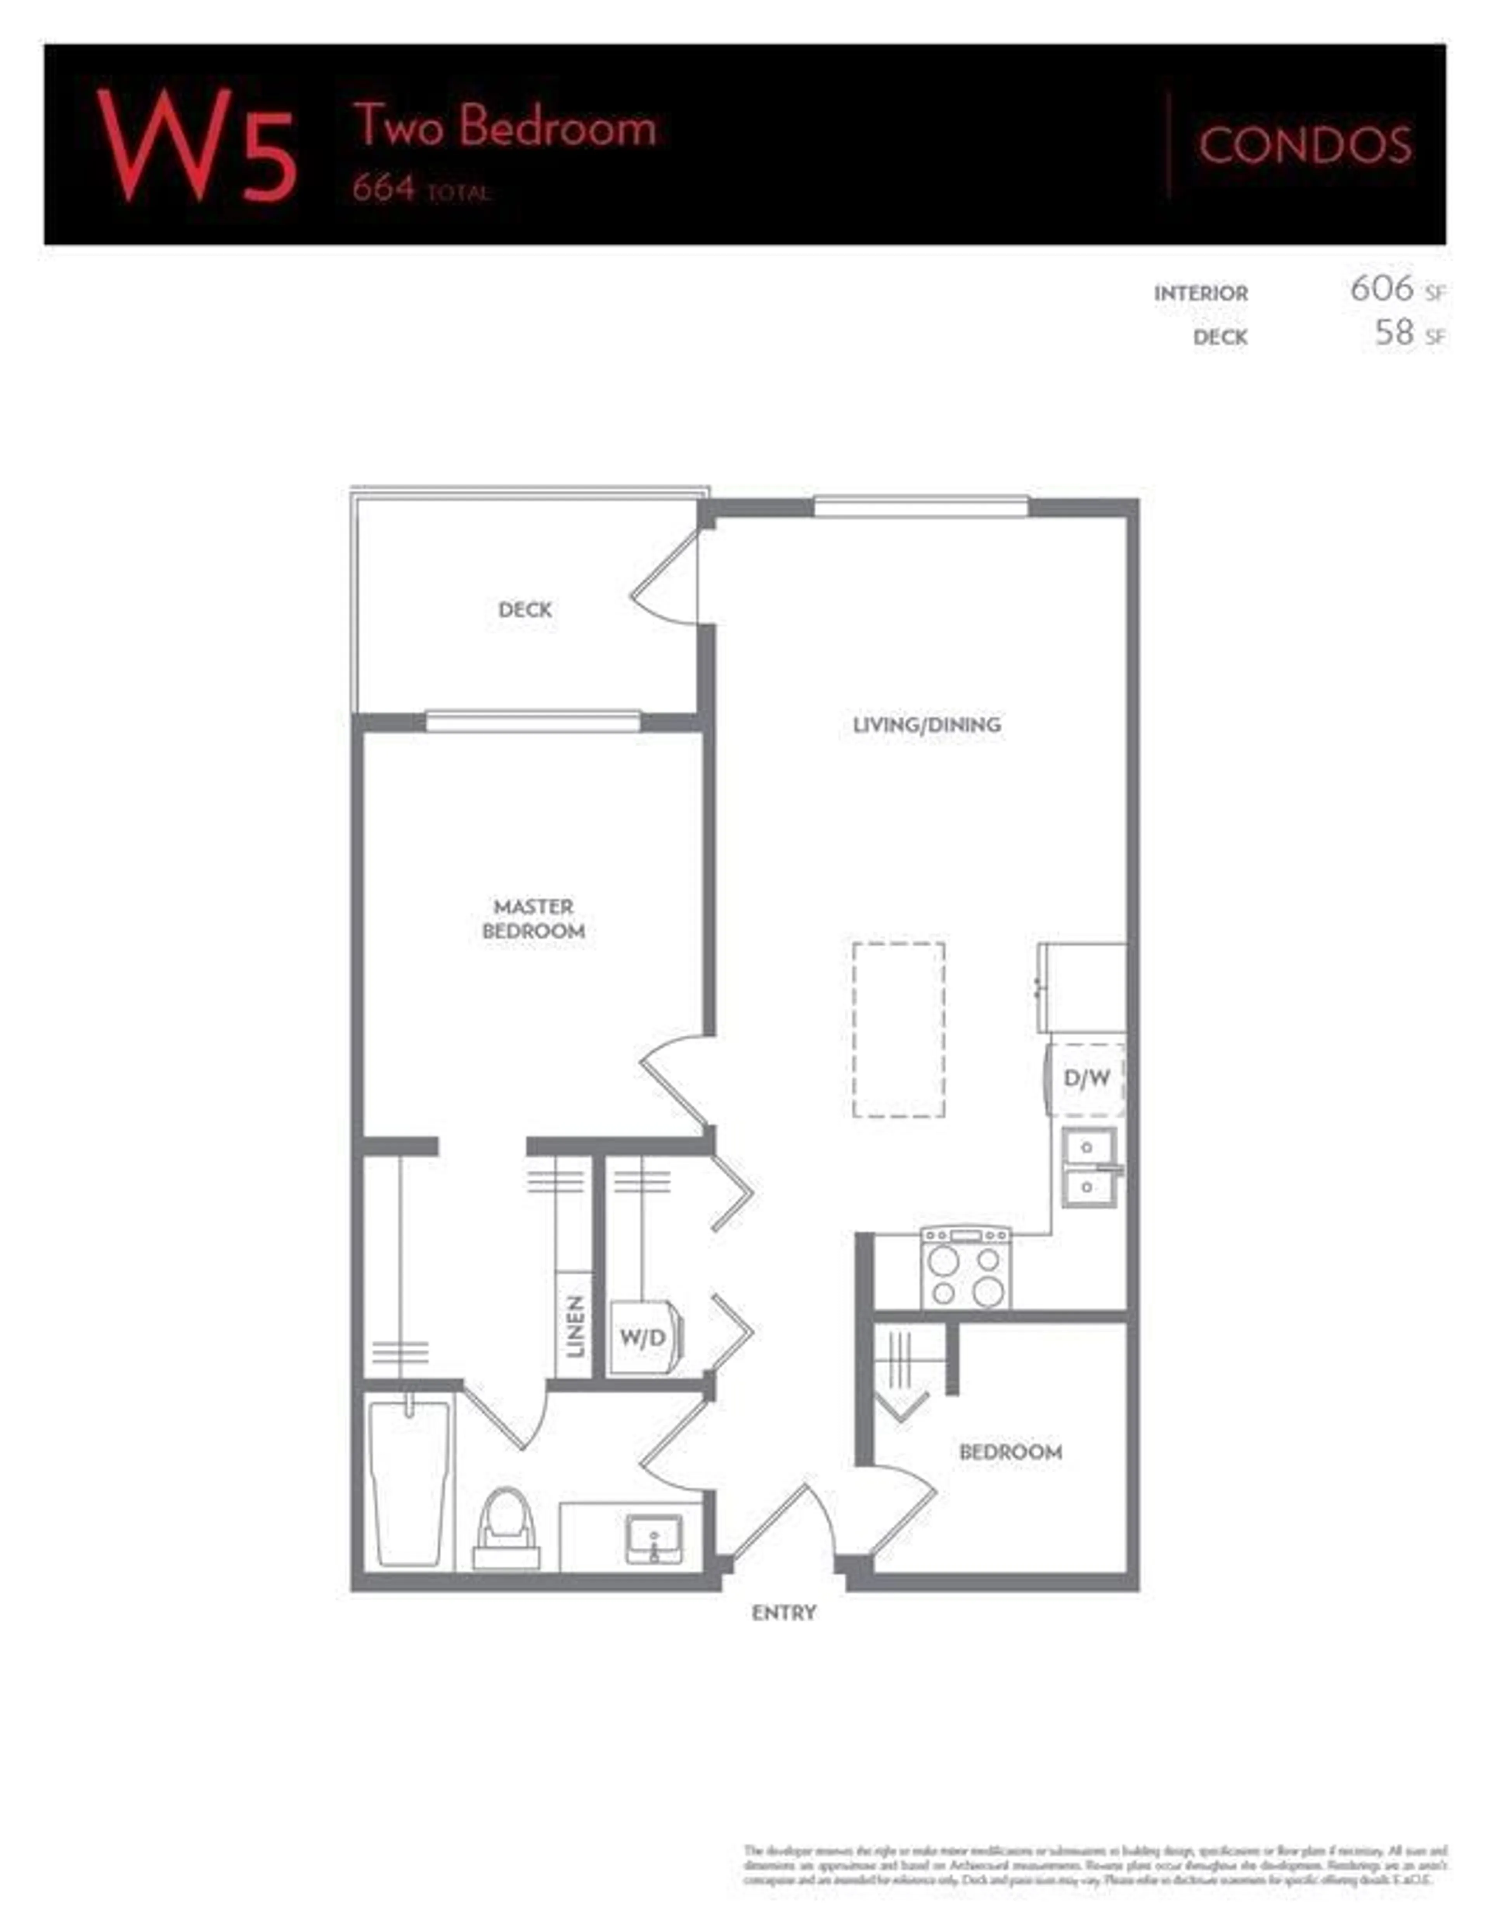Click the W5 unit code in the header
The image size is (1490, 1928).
click(x=196, y=146)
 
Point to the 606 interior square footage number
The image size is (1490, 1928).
click(x=1381, y=289)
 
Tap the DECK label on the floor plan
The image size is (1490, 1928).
click(x=525, y=609)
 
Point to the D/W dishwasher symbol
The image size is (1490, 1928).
click(x=1086, y=1078)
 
